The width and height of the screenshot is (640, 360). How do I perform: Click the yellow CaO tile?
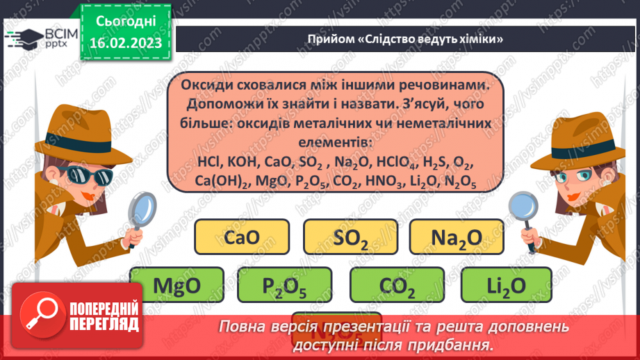(242, 236)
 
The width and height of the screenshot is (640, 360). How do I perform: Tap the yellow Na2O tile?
(456, 236)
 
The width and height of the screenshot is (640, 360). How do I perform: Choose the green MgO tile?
(177, 285)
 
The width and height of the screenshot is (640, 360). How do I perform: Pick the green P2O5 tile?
(285, 285)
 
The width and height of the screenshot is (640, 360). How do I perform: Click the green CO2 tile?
(397, 285)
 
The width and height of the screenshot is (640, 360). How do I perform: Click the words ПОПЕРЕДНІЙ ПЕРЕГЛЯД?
(104, 316)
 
